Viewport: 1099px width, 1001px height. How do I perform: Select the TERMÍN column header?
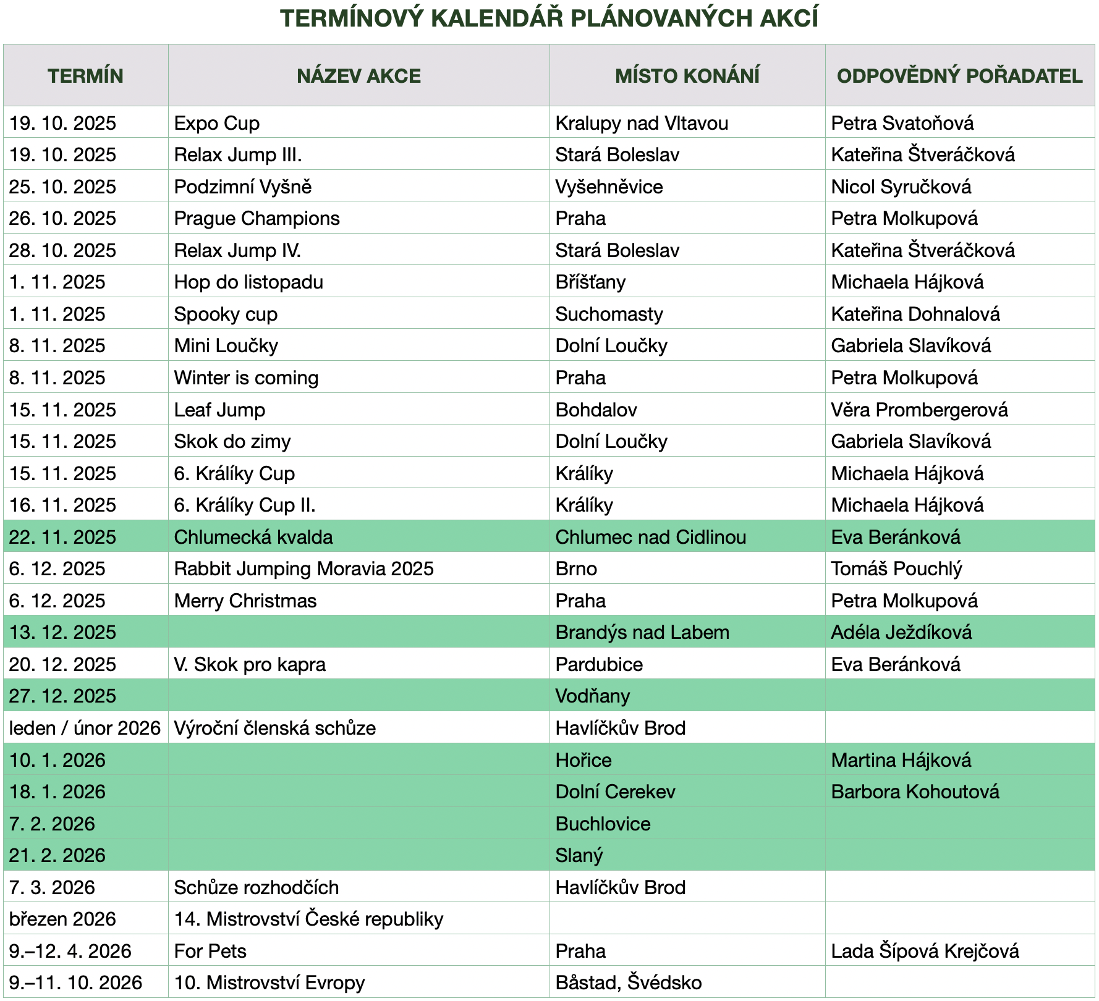pos(85,76)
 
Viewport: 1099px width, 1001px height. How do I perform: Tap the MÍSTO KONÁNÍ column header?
pos(687,76)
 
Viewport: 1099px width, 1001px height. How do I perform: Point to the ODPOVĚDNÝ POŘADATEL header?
pos(959,76)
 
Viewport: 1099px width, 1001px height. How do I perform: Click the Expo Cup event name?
pos(216,123)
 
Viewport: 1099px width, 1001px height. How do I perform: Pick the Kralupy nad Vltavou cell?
pos(641,123)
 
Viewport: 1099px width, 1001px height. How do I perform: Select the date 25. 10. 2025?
pos(62,187)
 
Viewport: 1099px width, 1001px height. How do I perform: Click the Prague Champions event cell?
pos(257,218)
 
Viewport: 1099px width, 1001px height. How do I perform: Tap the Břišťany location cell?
pos(590,282)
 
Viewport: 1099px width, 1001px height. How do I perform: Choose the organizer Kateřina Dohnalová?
pos(915,314)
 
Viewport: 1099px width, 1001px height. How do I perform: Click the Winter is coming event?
pos(246,378)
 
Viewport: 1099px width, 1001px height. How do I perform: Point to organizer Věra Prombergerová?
pos(919,410)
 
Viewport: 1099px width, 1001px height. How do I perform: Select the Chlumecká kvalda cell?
pos(253,537)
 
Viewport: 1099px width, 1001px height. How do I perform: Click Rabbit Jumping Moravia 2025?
pos(303,568)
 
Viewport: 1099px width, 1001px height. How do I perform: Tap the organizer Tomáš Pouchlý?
pos(896,568)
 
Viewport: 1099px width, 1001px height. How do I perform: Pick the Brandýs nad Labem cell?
pos(642,632)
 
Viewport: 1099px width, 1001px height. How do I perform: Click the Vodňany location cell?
pos(592,696)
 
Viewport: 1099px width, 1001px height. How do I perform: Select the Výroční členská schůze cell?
pos(274,728)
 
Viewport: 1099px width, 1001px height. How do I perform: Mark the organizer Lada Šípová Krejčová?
pos(924,951)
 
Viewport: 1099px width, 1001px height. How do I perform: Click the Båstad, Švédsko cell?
pos(628,982)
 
